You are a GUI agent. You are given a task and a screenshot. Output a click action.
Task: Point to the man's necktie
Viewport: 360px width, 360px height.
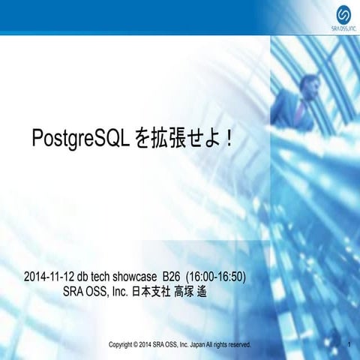(301, 110)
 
